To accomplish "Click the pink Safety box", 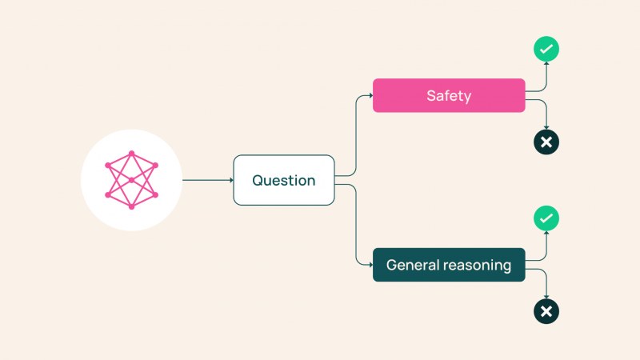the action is click(x=449, y=95).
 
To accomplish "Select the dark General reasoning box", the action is click(x=449, y=265).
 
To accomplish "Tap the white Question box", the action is click(x=284, y=180).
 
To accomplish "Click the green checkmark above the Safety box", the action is click(x=546, y=49).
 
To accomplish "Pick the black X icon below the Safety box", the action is click(x=546, y=142).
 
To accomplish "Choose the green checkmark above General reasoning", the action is click(x=546, y=218).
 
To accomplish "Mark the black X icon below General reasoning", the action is click(x=546, y=311).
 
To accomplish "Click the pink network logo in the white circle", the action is click(x=131, y=180).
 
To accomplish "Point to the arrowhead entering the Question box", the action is click(x=232, y=180).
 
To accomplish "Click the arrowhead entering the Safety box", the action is click(x=371, y=95).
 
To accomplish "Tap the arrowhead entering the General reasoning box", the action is click(x=371, y=265).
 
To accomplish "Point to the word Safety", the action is click(x=449, y=96).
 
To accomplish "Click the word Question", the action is click(x=284, y=181).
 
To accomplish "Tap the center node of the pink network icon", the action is click(x=131, y=180).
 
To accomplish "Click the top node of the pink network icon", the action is click(x=131, y=154).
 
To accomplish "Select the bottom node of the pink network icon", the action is click(x=131, y=207).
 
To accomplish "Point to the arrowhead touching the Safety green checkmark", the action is click(x=546, y=63).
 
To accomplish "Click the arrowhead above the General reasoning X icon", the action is click(x=546, y=297).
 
